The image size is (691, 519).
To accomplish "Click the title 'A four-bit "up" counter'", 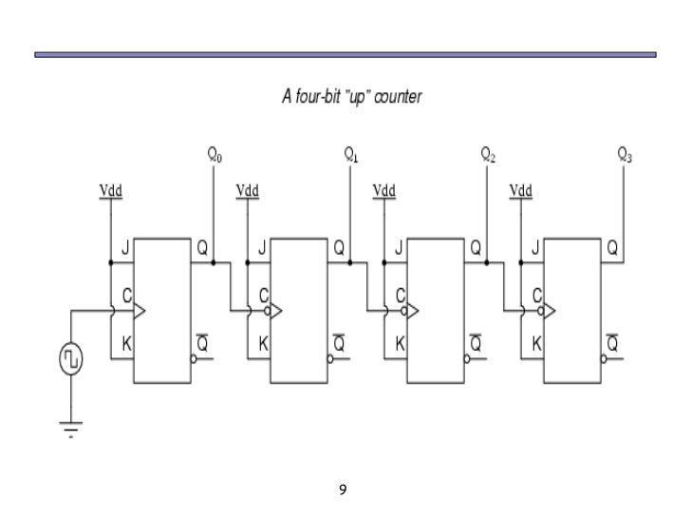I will (x=352, y=97).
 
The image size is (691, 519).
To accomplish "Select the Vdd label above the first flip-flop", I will (x=111, y=191).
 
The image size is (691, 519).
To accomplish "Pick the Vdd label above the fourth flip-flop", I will (x=521, y=191).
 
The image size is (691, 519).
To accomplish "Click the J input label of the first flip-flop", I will (x=123, y=248).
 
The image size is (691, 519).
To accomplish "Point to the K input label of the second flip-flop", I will (x=263, y=344).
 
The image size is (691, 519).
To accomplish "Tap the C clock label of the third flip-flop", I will (x=401, y=296).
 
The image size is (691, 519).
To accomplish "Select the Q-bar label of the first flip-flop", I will (x=202, y=344).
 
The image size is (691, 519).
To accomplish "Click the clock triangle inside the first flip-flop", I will (x=140, y=311).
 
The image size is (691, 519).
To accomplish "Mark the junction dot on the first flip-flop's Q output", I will (x=215, y=263).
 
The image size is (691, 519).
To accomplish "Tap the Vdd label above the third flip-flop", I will (x=384, y=191).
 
